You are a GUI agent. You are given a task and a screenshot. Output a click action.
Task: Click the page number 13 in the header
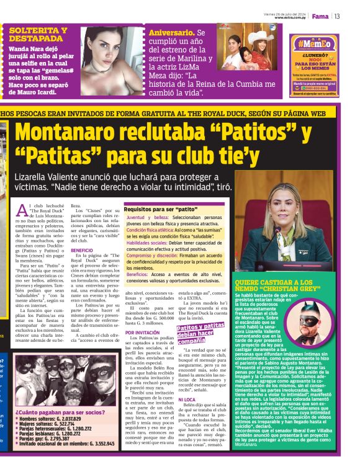pyautogui.click(x=337, y=16)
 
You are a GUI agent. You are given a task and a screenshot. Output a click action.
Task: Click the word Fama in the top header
pyautogui.click(x=320, y=16)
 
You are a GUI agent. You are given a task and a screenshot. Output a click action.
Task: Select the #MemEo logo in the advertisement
pyautogui.click(x=315, y=44)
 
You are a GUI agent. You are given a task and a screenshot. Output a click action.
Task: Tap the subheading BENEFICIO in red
pyautogui.click(x=81, y=250)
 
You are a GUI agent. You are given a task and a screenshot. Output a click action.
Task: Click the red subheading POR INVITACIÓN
pyautogui.click(x=143, y=333)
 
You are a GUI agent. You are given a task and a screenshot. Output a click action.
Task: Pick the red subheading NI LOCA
pyautogui.click(x=187, y=400)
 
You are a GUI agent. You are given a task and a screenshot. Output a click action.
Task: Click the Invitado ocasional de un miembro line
pyautogui.click(x=66, y=444)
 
